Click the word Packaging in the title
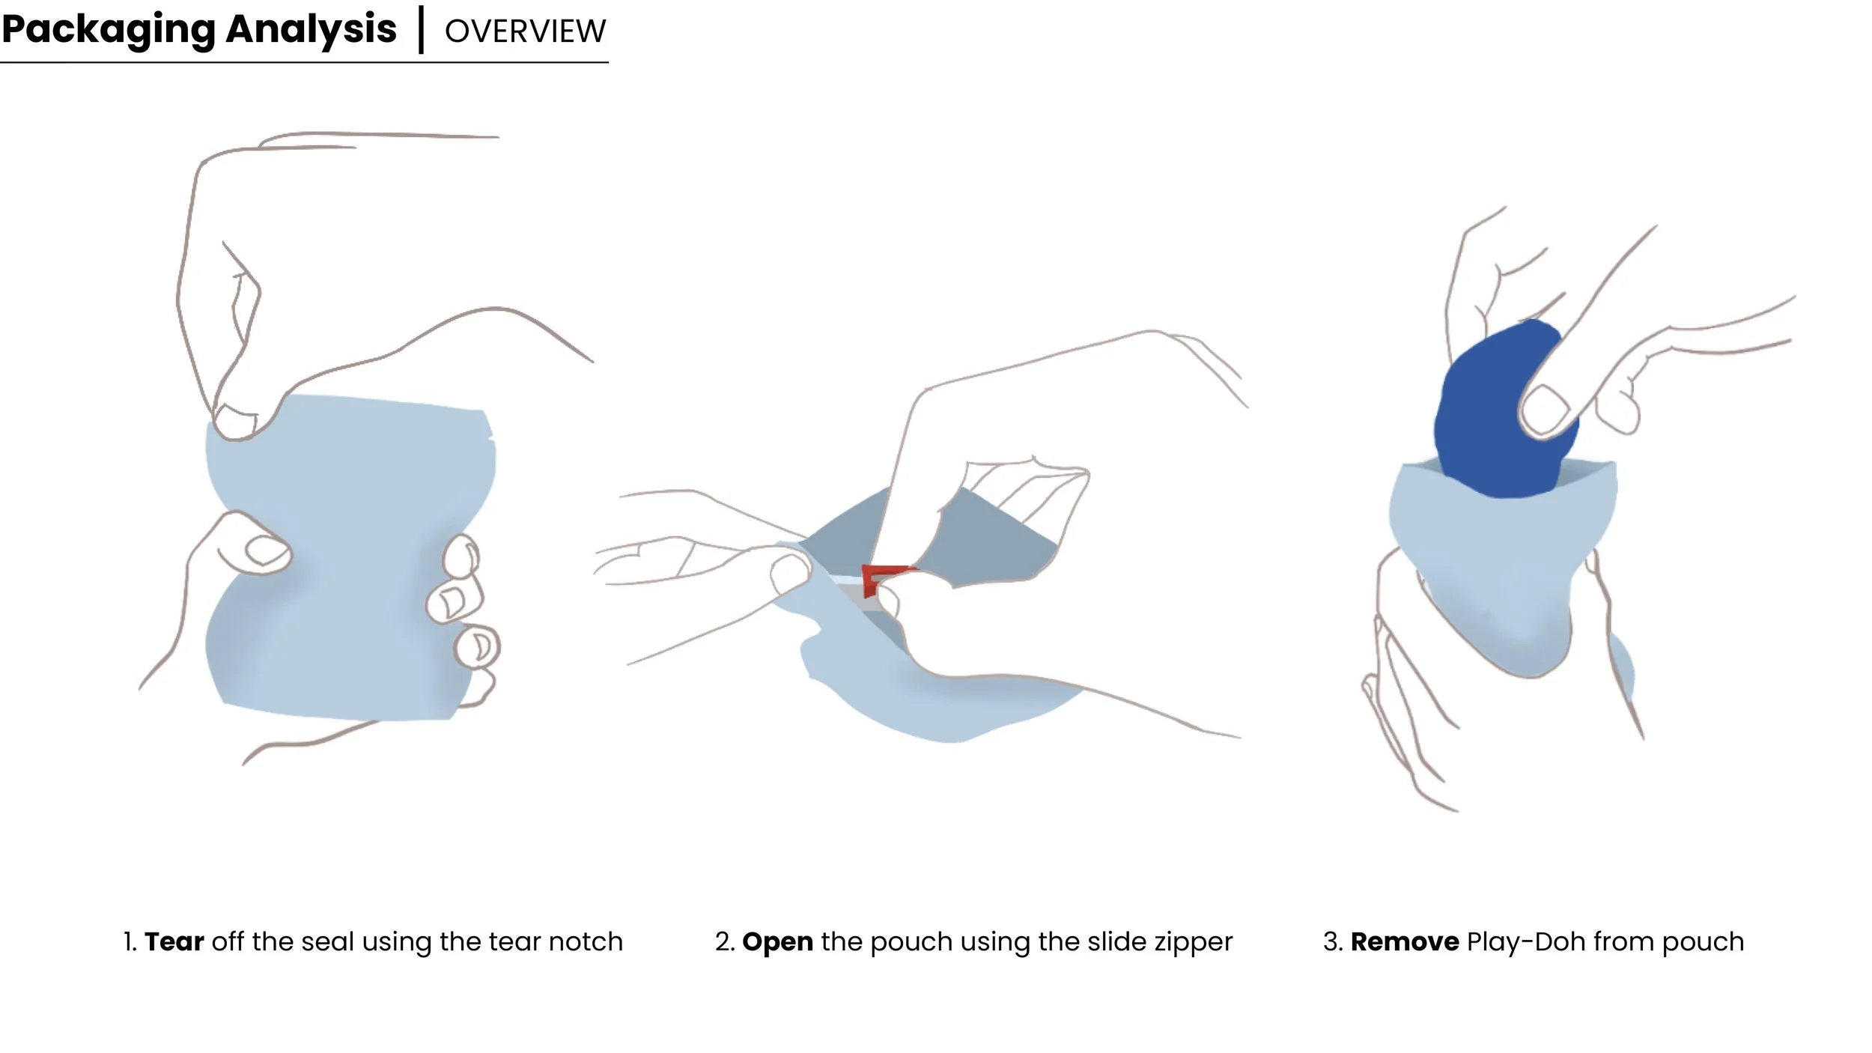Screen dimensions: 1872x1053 pyautogui.click(x=108, y=31)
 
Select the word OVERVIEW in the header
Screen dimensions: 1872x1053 pyautogui.click(x=525, y=31)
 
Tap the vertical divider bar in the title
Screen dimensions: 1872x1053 pyautogui.click(x=421, y=30)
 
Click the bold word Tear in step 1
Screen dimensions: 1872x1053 pyautogui.click(x=174, y=941)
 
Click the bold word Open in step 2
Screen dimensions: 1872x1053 pyautogui.click(x=777, y=942)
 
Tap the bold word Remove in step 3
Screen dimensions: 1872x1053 pyautogui.click(x=1404, y=941)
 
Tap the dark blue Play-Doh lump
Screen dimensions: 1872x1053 pyautogui.click(x=1490, y=419)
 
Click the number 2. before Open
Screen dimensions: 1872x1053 pyautogui.click(x=724, y=941)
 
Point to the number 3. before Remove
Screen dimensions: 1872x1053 pyautogui.click(x=1333, y=941)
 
